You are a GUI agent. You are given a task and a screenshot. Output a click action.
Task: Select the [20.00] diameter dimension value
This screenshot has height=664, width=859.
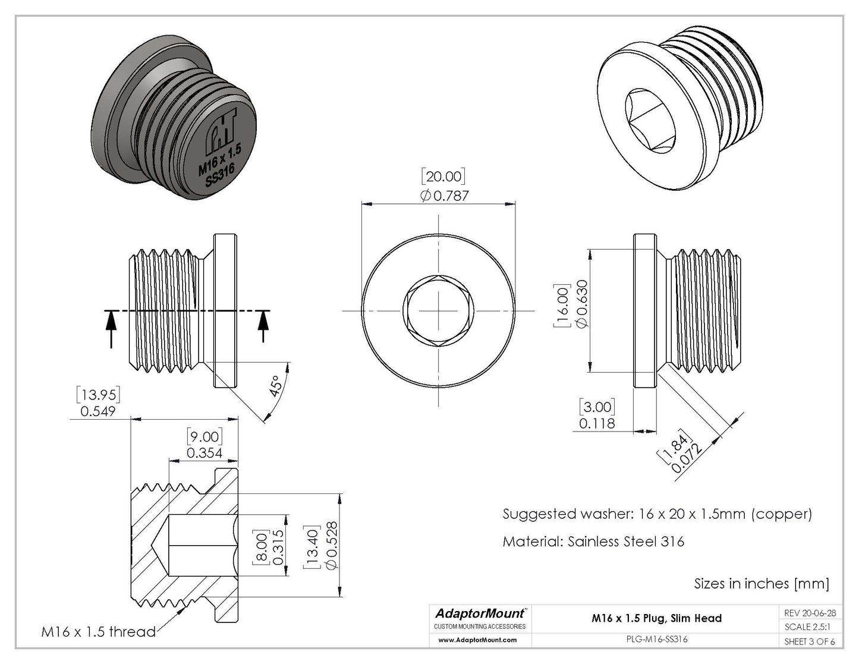[x=443, y=176]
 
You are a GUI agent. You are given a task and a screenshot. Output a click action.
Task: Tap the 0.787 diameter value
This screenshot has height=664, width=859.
[x=444, y=195]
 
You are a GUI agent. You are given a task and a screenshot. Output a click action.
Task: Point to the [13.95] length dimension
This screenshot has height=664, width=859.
[x=98, y=394]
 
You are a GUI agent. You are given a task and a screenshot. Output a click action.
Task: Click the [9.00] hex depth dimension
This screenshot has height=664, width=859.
[x=203, y=436]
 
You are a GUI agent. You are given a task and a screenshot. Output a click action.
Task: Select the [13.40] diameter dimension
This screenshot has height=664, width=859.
[x=313, y=546]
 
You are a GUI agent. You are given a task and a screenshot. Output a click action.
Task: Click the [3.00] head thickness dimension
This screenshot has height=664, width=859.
[x=597, y=407]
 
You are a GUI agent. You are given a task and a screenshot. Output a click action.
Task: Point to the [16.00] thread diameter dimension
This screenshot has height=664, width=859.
[x=562, y=306]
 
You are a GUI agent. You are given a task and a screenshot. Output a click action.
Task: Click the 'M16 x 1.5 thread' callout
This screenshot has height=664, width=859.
[x=98, y=631]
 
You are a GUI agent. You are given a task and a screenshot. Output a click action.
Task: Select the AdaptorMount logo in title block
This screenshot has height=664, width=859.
[x=480, y=613]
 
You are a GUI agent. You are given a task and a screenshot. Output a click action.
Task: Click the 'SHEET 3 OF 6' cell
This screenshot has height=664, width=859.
[x=809, y=641]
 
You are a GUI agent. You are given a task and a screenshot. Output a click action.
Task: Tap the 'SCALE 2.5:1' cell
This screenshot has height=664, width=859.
[x=809, y=627]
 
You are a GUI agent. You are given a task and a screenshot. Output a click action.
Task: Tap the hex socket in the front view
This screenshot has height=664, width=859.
[x=439, y=311]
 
